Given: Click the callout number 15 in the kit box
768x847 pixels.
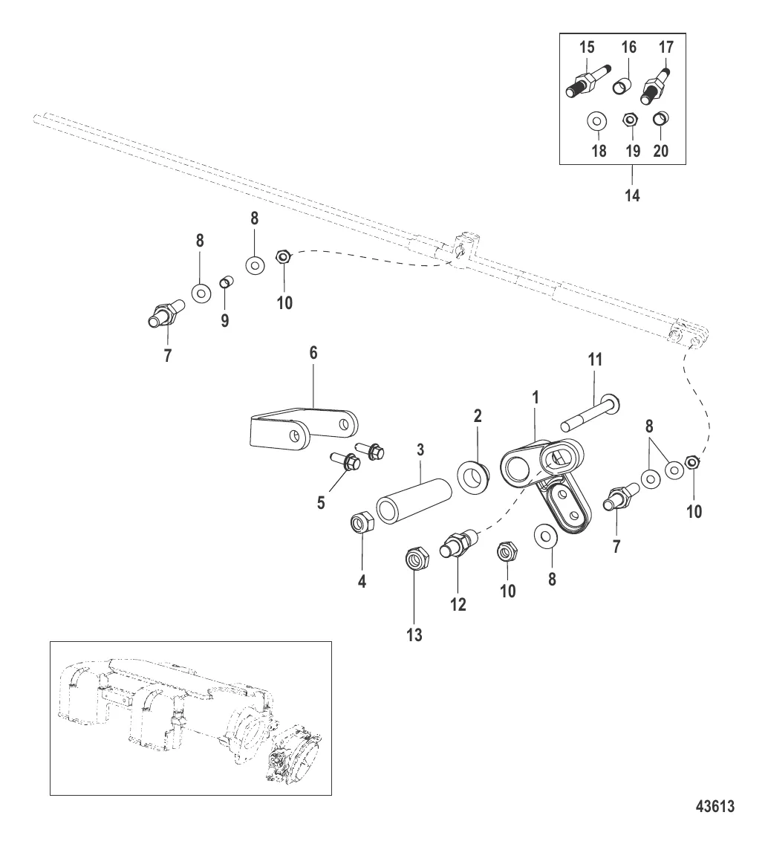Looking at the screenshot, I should [586, 47].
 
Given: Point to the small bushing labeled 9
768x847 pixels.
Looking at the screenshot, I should [226, 283].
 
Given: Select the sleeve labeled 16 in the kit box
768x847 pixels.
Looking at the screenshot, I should [622, 88].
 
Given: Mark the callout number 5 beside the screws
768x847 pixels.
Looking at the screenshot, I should [321, 502].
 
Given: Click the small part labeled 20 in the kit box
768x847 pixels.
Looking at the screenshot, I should [659, 118].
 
